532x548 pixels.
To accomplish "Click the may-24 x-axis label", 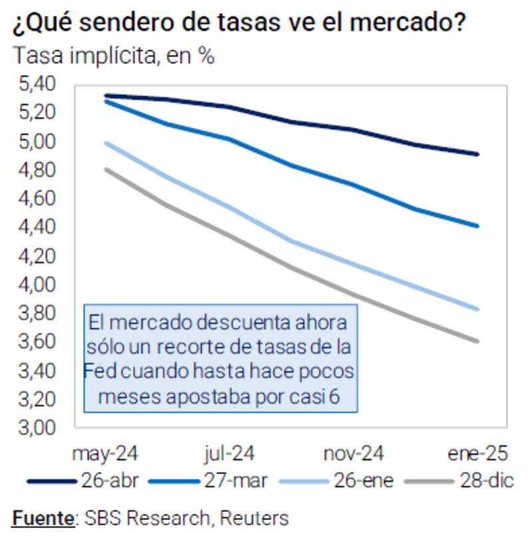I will coord(105,454).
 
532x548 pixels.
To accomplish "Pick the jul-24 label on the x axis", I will coord(229,454).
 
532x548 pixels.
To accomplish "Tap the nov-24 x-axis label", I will coord(354,454).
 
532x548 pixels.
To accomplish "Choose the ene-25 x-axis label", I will coord(478,454).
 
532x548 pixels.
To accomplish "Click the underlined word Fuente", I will coord(43,518).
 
